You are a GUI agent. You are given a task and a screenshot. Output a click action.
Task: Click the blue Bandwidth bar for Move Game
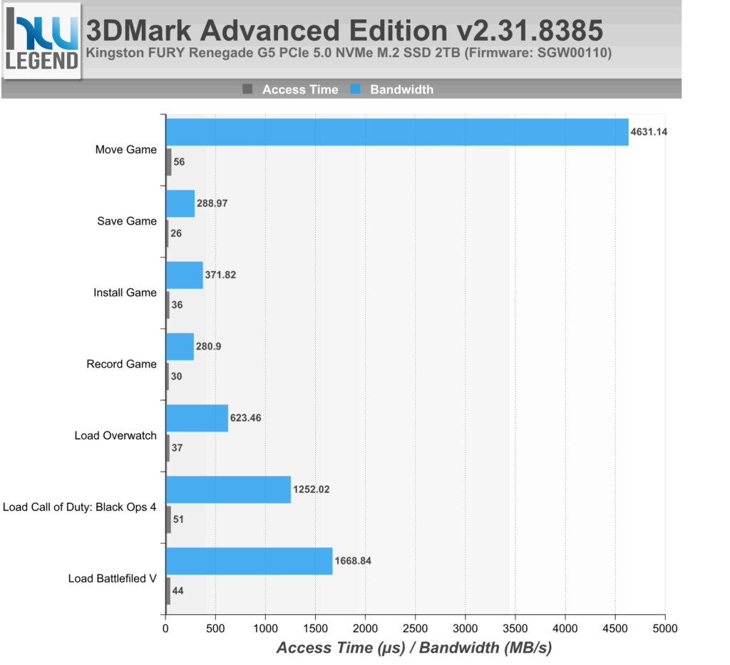click(x=396, y=132)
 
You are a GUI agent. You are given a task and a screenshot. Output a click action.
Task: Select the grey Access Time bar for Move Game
click(x=168, y=162)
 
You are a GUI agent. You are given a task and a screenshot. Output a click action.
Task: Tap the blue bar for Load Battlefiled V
click(x=249, y=561)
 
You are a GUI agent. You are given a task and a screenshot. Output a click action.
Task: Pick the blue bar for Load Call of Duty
click(x=228, y=489)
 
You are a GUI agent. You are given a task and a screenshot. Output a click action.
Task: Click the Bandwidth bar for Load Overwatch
click(x=197, y=417)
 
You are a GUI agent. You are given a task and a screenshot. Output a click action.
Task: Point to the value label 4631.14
click(x=649, y=132)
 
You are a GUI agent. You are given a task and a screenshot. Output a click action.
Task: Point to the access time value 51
click(x=178, y=519)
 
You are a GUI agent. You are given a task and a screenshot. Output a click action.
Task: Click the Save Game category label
click(x=127, y=221)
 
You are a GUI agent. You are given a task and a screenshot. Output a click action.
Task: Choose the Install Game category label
click(x=125, y=293)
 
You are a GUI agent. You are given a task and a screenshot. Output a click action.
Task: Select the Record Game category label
click(x=121, y=364)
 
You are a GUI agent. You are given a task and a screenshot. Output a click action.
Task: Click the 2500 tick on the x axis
click(x=415, y=628)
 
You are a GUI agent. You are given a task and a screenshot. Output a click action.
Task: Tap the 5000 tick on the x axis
click(x=664, y=628)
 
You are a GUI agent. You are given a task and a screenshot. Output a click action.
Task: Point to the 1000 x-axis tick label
click(x=265, y=628)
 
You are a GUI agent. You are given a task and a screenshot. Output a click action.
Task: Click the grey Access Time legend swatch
click(x=248, y=89)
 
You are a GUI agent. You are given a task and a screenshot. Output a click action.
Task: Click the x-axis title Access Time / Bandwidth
click(x=413, y=648)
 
